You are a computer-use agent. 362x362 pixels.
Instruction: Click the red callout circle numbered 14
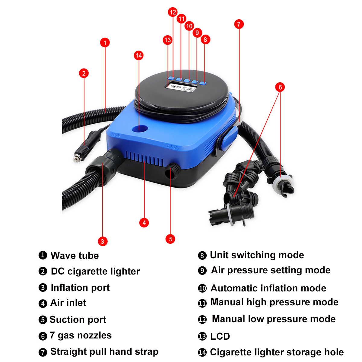click(x=139, y=56)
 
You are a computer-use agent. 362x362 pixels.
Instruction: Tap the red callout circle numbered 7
click(x=239, y=24)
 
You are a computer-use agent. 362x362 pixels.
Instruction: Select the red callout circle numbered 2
click(x=84, y=73)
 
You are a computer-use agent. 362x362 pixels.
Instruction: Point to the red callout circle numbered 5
click(x=170, y=239)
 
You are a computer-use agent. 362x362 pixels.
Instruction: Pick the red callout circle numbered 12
click(x=173, y=12)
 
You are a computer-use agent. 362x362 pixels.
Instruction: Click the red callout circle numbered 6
click(x=280, y=87)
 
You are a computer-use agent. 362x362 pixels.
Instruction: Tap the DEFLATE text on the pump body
click(x=173, y=147)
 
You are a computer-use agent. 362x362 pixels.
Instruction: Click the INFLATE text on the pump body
click(x=116, y=135)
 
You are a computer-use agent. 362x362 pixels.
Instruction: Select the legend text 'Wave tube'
click(x=75, y=256)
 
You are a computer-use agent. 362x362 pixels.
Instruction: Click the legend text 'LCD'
click(x=220, y=336)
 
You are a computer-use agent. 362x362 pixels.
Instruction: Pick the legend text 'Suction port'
click(x=78, y=319)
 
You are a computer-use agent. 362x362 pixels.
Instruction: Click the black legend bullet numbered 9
click(x=202, y=271)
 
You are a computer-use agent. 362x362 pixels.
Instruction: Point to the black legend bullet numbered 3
click(x=43, y=287)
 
